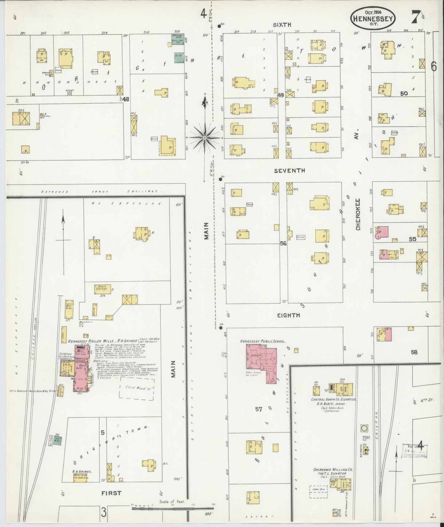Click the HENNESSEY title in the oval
372,19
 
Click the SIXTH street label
283,25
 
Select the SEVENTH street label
289,170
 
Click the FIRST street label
111,493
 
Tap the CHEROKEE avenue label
358,214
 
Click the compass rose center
204,138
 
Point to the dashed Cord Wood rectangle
136,389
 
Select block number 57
259,409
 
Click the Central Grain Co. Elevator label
333,399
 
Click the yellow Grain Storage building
102,289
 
